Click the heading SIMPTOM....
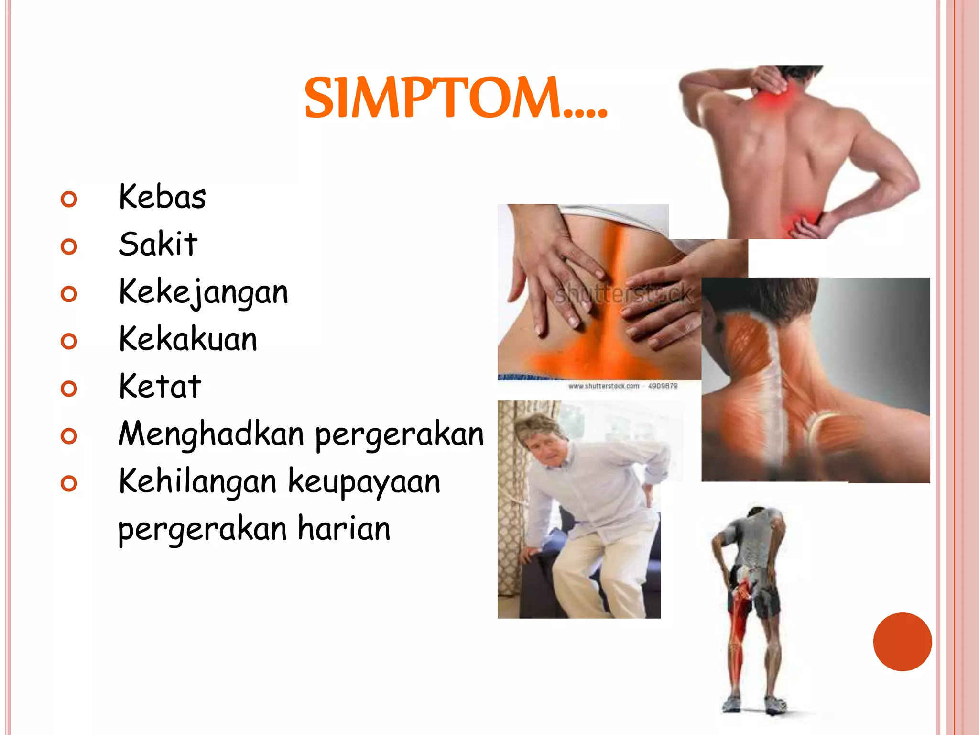tap(455, 98)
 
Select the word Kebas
tap(163, 197)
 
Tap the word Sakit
tap(158, 244)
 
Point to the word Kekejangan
tap(204, 292)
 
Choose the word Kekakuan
tap(188, 339)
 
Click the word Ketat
tap(160, 386)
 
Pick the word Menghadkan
tap(211, 434)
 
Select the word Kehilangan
tap(197, 481)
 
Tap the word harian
tap(344, 529)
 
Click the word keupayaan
tap(364, 481)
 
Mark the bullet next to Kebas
tap(69, 199)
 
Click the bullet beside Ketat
tap(69, 389)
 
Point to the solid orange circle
tap(902, 642)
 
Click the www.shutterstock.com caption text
tap(604, 386)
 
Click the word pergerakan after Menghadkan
tap(400, 434)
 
